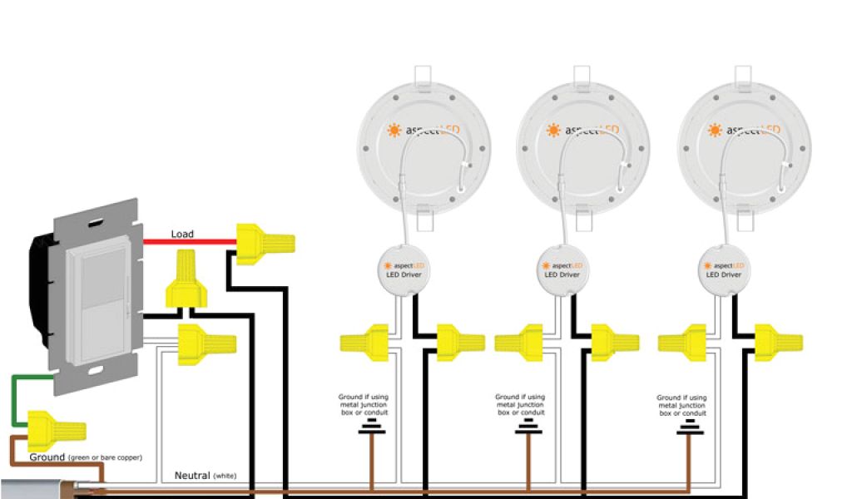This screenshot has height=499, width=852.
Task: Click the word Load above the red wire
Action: [182, 234]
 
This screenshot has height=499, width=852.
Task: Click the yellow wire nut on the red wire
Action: [265, 245]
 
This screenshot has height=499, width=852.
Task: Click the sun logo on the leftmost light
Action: [393, 130]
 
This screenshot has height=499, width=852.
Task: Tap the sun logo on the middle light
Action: [553, 130]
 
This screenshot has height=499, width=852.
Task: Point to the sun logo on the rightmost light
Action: [714, 130]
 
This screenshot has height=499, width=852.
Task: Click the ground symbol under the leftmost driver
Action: [372, 427]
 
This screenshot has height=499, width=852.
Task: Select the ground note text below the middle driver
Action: [521, 405]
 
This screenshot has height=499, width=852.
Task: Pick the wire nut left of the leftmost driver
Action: [364, 341]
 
